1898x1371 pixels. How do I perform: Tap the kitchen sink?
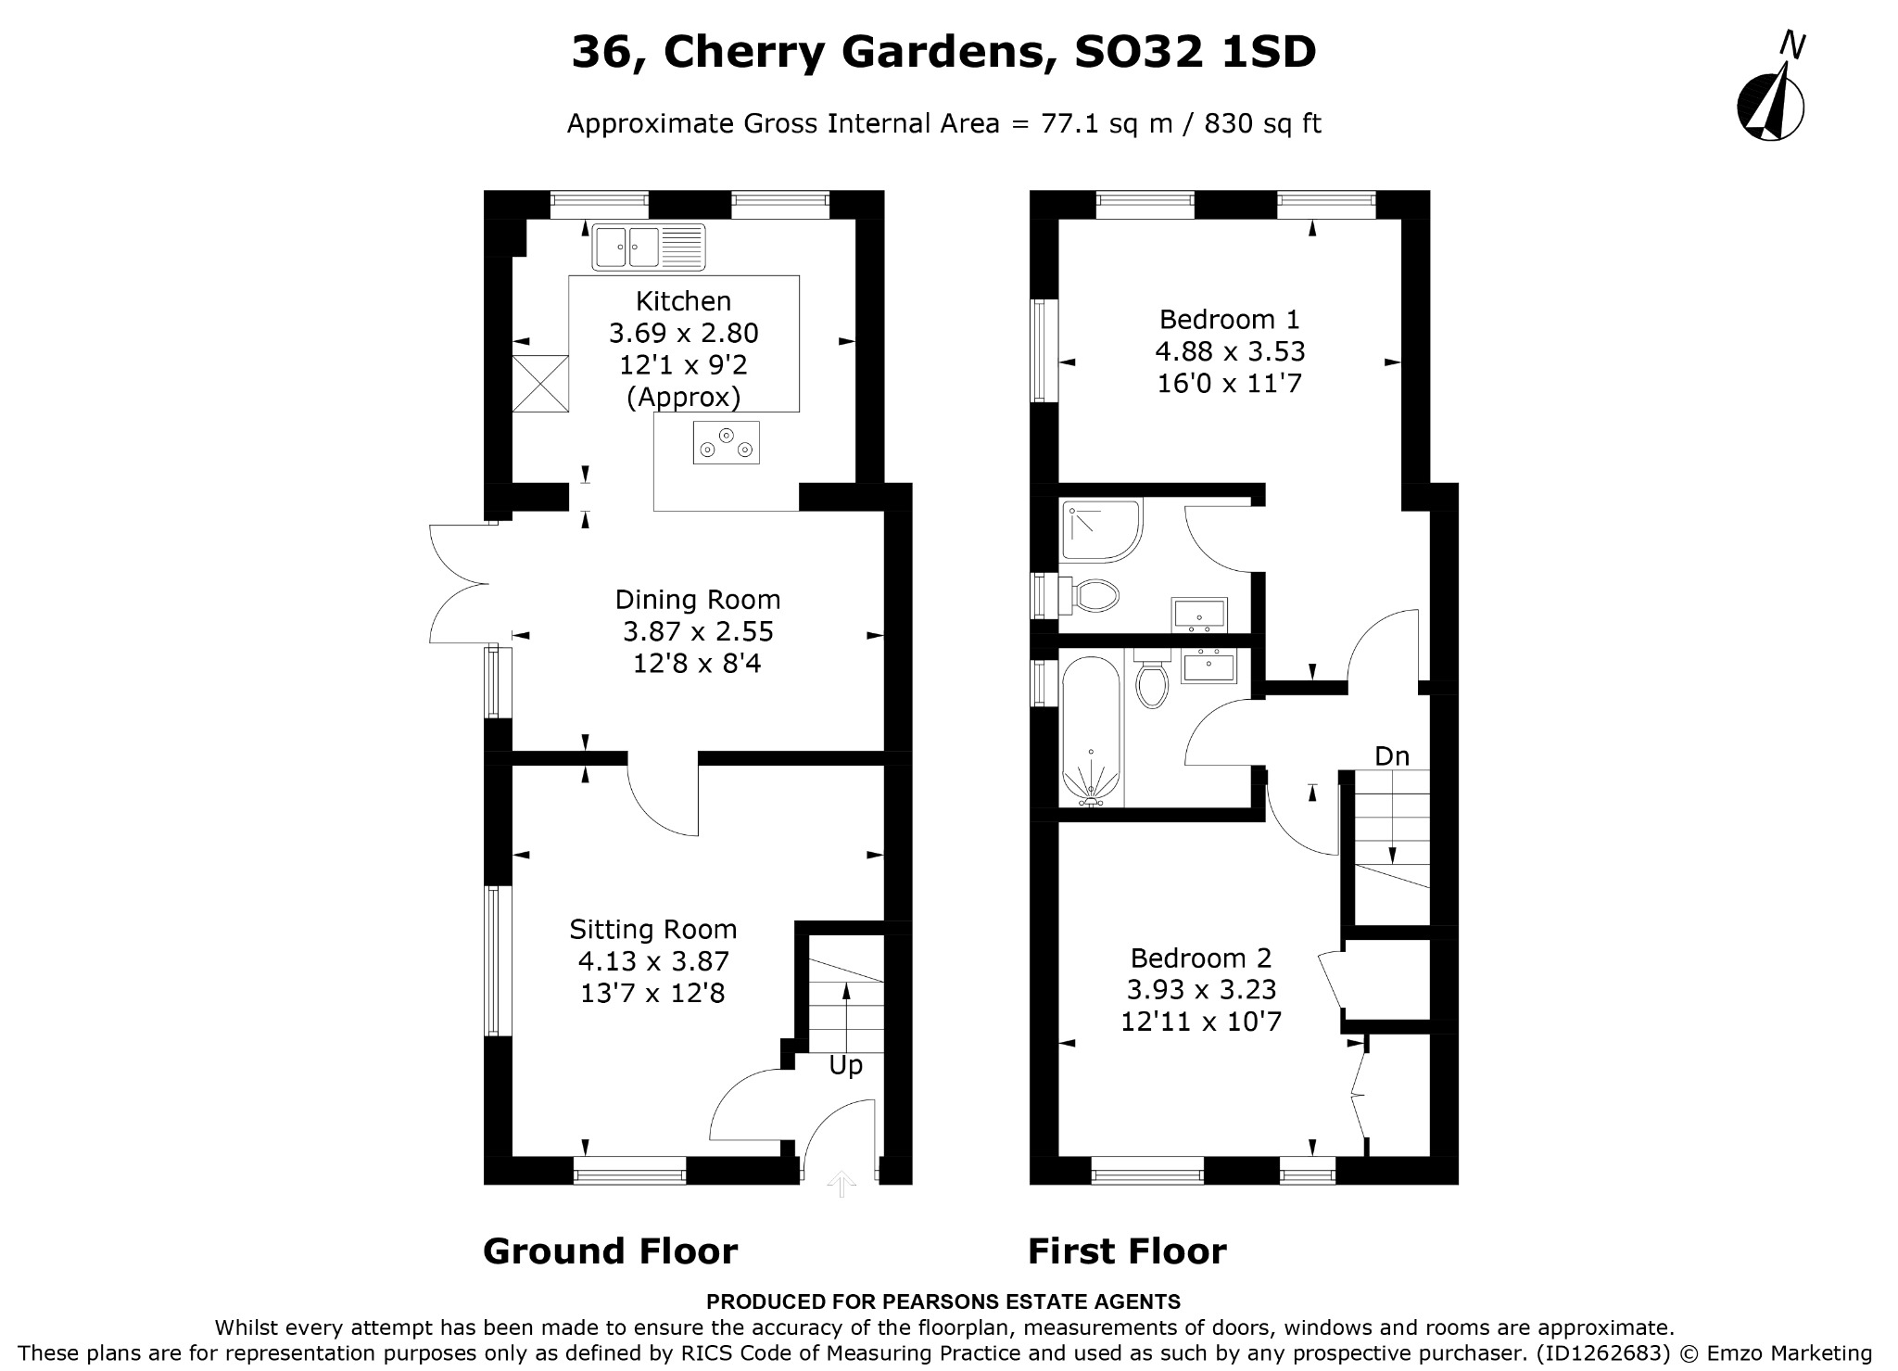(649, 248)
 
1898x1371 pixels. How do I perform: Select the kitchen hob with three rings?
(727, 442)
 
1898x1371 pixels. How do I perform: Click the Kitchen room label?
(683, 301)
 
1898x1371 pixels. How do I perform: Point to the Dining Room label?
(698, 600)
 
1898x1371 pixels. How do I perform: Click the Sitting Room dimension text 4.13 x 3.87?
(653, 961)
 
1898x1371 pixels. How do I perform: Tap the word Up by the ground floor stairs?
(845, 1066)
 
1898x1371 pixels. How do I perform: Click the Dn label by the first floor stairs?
(1392, 756)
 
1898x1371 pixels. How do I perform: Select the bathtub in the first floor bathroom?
(1093, 728)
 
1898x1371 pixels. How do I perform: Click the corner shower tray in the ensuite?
(1101, 529)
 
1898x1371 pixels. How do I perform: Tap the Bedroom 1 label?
(1230, 320)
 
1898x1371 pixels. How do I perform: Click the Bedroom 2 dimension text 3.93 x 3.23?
(1201, 989)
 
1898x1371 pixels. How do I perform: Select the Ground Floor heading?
(610, 1251)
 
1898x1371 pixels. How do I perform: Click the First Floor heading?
(1127, 1251)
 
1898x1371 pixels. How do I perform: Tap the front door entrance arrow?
(841, 1183)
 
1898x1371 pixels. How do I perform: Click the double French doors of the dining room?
(460, 584)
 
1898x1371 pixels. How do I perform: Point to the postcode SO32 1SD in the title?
(1195, 52)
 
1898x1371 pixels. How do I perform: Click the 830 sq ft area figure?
(1262, 123)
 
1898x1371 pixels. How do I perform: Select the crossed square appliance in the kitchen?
(540, 384)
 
